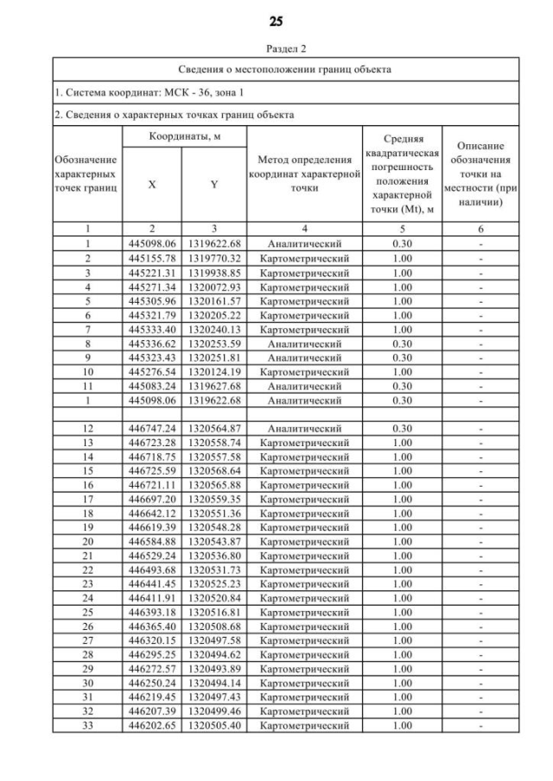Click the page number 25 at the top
click(x=276, y=21)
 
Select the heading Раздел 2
click(x=276, y=49)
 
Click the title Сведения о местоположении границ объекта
click(x=286, y=68)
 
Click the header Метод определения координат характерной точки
click(x=304, y=173)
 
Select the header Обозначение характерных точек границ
click(x=87, y=173)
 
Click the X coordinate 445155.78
click(x=151, y=258)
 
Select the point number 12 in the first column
click(x=87, y=427)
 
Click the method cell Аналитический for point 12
click(x=304, y=427)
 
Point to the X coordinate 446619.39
click(x=151, y=526)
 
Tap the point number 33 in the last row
click(x=87, y=725)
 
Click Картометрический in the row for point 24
click(x=304, y=597)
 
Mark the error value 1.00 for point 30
click(x=400, y=683)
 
